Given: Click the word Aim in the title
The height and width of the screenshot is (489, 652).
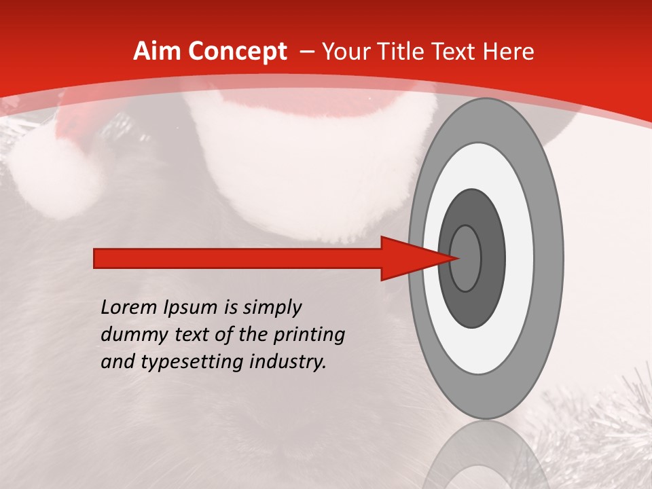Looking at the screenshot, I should point(158,52).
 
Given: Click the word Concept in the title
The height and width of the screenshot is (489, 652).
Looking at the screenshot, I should point(236,52).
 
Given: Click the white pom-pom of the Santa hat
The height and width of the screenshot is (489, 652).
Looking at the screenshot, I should point(58,170).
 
